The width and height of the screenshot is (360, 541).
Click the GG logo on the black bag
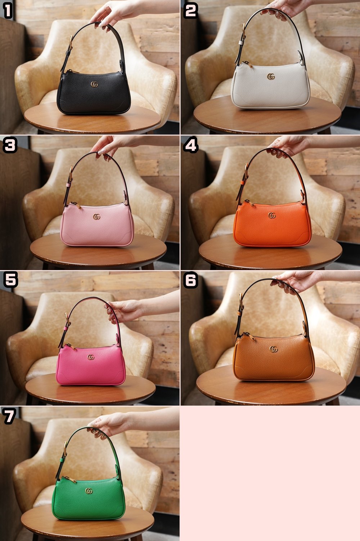pos(94,84)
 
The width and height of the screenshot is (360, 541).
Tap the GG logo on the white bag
pos(271,77)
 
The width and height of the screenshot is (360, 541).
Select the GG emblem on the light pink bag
pos(97,217)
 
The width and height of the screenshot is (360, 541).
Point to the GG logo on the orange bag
pos(272,215)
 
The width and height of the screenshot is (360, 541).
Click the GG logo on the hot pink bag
pos(91,357)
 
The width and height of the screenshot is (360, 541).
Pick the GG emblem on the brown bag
pos(274,349)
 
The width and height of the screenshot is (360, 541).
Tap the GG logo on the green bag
pos(89,491)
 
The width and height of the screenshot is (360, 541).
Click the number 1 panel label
pos(8,11)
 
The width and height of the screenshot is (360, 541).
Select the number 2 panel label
pos(190,11)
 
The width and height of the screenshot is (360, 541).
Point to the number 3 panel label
pos(10,145)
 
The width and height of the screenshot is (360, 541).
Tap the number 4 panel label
pos(191,145)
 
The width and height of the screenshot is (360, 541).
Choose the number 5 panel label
pos(11,280)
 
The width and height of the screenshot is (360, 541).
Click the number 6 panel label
pos(191,280)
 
